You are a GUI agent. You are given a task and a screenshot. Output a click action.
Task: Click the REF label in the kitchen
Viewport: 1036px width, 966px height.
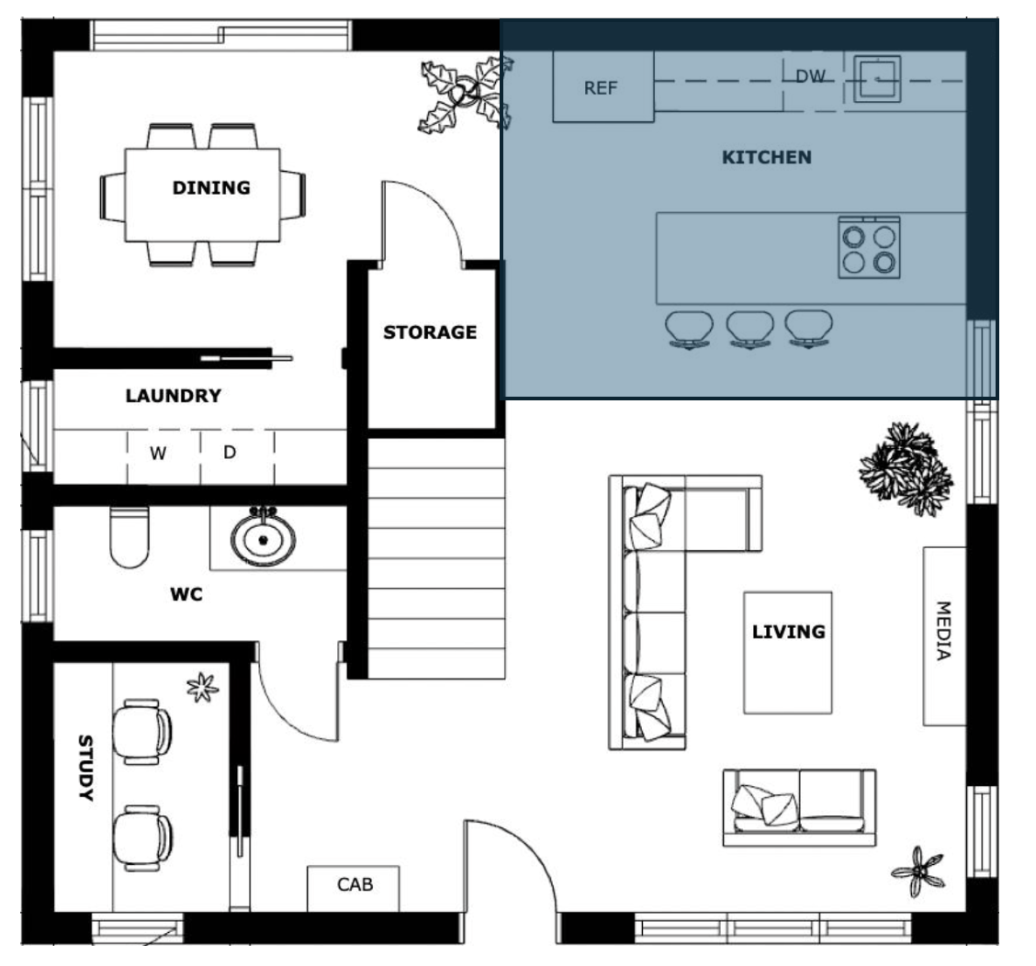600,88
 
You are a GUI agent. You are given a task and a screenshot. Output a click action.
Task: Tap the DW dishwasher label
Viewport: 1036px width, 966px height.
810,76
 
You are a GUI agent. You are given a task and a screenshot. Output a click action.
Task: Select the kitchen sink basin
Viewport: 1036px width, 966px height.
877,79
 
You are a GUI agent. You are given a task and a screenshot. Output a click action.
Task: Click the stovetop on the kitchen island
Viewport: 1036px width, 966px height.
869,247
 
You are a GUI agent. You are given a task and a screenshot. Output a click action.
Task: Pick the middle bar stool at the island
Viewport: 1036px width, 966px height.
750,330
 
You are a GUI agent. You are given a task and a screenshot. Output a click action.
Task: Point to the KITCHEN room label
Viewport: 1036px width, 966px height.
766,157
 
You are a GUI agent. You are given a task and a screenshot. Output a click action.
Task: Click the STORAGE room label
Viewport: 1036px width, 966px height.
430,331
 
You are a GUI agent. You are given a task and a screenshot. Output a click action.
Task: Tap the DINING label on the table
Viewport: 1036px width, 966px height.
211,187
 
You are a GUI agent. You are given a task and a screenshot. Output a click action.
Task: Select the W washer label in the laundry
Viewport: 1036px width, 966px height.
157,454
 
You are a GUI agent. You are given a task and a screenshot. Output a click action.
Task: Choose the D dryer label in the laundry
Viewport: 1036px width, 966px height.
230,453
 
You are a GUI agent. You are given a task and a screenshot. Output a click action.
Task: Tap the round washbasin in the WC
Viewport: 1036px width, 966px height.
263,538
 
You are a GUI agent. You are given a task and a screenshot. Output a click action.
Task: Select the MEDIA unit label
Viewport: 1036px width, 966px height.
943,631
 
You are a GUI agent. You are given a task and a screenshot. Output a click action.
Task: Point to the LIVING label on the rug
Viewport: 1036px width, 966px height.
788,632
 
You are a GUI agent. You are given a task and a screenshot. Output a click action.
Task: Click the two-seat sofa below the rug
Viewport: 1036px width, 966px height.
799,807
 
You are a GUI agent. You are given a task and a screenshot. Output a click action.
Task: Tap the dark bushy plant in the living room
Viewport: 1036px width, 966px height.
906,469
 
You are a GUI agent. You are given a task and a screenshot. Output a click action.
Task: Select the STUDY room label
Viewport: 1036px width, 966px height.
85,768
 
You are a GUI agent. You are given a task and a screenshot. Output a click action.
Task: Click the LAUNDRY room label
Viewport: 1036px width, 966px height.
173,396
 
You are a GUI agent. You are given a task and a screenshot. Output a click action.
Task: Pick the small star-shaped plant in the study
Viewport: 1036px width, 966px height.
202,687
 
